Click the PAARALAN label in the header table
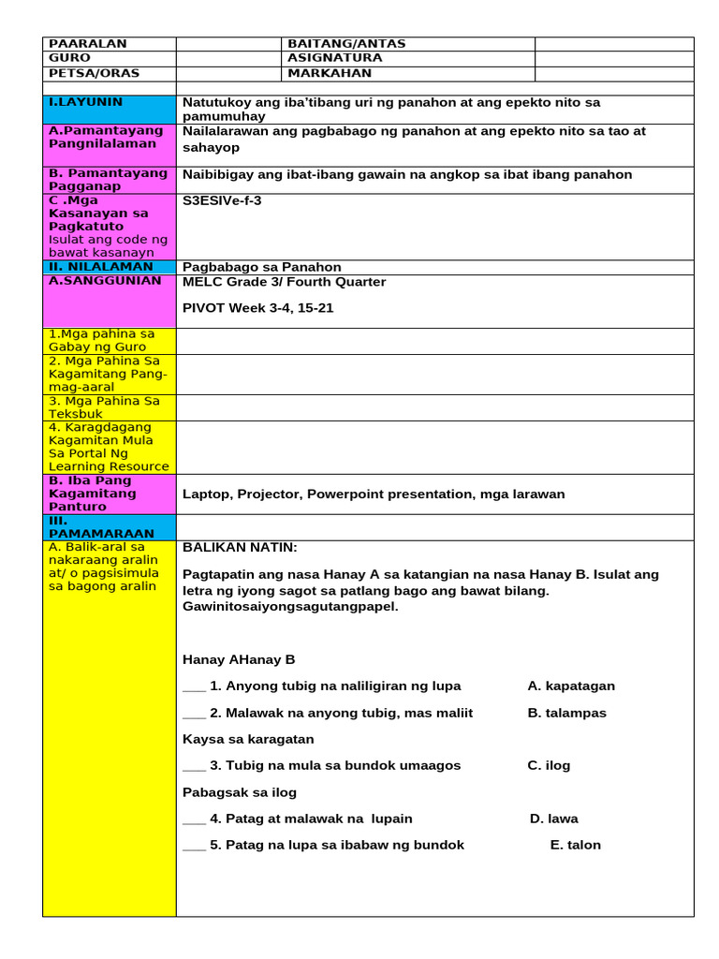[x=88, y=44]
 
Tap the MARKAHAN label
[x=330, y=73]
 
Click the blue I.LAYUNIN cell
[x=110, y=109]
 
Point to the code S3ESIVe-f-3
[x=222, y=200]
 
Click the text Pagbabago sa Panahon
[x=262, y=267]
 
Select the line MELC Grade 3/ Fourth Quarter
[x=284, y=282]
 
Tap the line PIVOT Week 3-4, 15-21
[x=257, y=308]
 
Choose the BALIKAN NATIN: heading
[x=240, y=548]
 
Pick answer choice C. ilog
[x=549, y=765]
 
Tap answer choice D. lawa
[x=553, y=819]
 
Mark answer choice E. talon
[x=575, y=845]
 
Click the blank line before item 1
[x=194, y=688]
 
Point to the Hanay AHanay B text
[x=239, y=659]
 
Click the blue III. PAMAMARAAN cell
[x=110, y=527]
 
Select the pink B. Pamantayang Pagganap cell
[x=110, y=180]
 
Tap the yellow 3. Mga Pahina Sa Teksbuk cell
[x=110, y=407]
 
